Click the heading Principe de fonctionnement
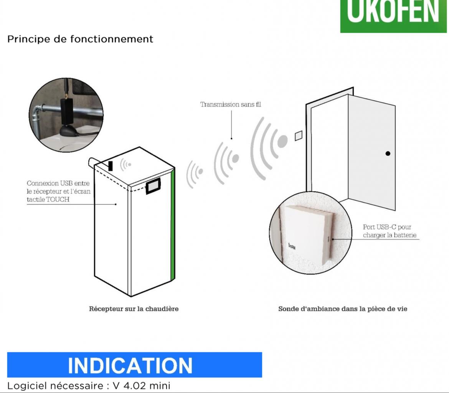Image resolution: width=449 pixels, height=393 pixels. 80,39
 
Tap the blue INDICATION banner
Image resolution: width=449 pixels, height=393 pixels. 135,365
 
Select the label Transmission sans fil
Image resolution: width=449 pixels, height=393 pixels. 231,104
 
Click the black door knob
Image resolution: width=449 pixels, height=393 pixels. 388,154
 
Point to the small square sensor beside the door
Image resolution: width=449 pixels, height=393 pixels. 299,136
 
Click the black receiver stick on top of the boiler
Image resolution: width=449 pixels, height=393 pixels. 111,166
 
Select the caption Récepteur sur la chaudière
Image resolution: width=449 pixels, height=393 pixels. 134,309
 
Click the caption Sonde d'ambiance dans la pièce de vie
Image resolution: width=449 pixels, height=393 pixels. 343,309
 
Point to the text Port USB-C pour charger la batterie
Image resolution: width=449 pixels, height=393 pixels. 390,231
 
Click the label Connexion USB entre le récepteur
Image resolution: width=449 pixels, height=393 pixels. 58,187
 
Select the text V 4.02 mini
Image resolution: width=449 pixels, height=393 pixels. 142,386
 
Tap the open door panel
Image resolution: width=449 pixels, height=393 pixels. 372,152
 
